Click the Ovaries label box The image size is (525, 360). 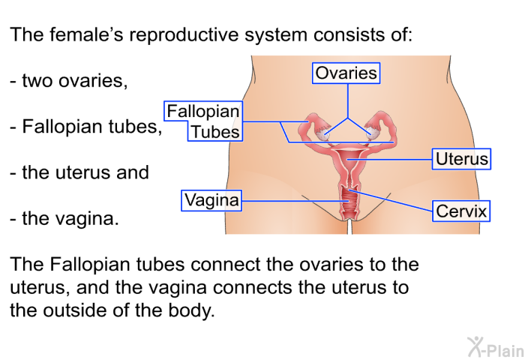coord(346,73)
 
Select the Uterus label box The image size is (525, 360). coord(461,159)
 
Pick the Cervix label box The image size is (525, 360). coord(461,211)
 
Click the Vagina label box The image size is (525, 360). coord(211,200)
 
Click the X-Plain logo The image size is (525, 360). coord(496,347)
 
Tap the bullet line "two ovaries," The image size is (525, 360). coord(69,81)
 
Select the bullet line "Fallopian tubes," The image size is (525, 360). coord(86,127)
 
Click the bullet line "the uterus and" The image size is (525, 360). coord(79,172)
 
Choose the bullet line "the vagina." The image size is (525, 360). coord(64,219)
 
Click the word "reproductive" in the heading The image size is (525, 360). coord(184,34)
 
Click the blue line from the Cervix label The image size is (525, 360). coord(391,200)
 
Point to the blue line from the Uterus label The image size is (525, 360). coord(390,160)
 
